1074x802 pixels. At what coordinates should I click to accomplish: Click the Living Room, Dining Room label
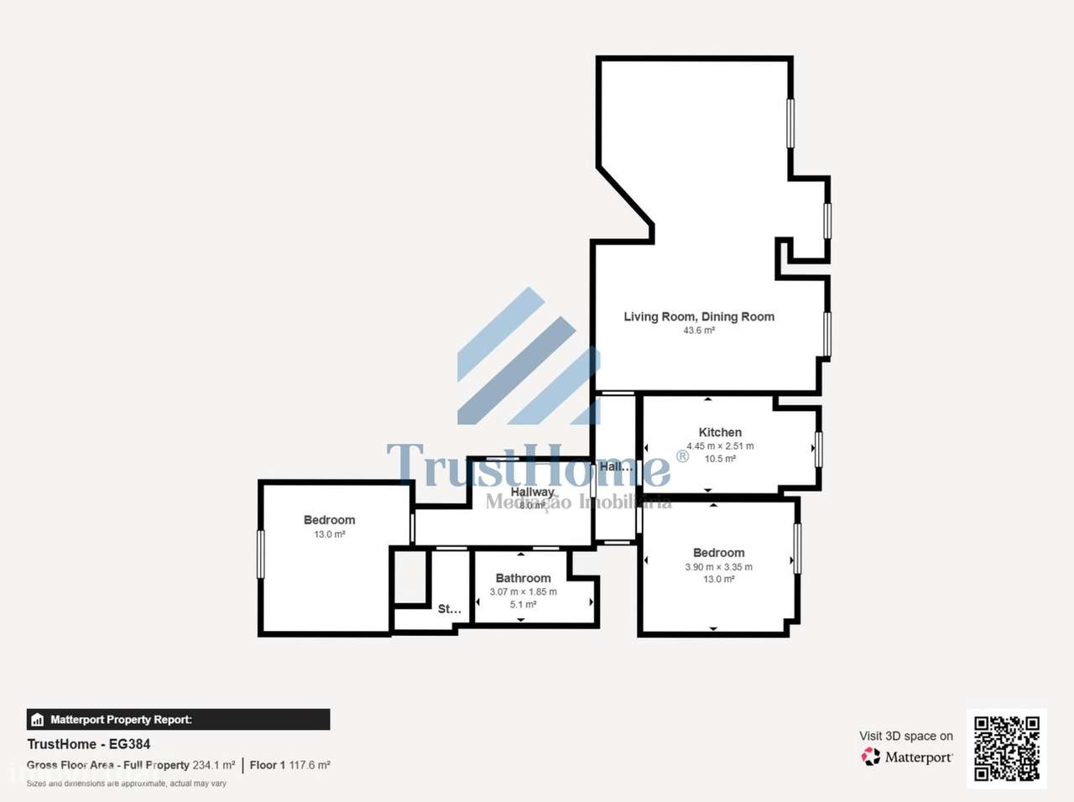coord(698,316)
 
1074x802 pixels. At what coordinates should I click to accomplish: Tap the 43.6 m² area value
coord(698,331)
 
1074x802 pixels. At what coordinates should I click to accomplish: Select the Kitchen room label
coord(720,432)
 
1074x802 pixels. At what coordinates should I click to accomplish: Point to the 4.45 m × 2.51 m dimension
coord(720,446)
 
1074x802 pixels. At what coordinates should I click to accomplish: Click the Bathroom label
coord(523,578)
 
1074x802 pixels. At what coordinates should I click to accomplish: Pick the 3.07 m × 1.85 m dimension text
coord(523,591)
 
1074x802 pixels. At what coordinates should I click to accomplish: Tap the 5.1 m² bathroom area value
coord(523,604)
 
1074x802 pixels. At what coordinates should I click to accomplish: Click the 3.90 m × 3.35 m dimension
coord(718,567)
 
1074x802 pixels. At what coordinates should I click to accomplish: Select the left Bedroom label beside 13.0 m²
coord(329,520)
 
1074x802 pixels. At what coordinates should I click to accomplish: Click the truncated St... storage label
coord(449,609)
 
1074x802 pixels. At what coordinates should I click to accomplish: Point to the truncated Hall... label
coord(615,466)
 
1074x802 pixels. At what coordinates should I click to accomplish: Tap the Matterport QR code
coord(1006,748)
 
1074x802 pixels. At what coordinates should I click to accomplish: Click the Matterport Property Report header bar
coord(178,720)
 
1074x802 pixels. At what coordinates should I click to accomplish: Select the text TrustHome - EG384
coord(89,744)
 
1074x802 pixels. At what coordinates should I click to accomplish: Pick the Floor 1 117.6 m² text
coord(289,765)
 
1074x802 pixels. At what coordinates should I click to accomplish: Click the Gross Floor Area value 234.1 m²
coord(214,765)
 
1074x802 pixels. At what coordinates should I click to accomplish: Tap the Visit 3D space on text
coord(905,736)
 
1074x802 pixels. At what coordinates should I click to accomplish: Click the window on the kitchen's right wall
coord(819,449)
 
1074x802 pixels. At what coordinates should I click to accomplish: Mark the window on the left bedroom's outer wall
coord(261,554)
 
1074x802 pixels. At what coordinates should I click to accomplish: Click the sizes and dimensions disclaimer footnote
coord(127,784)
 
